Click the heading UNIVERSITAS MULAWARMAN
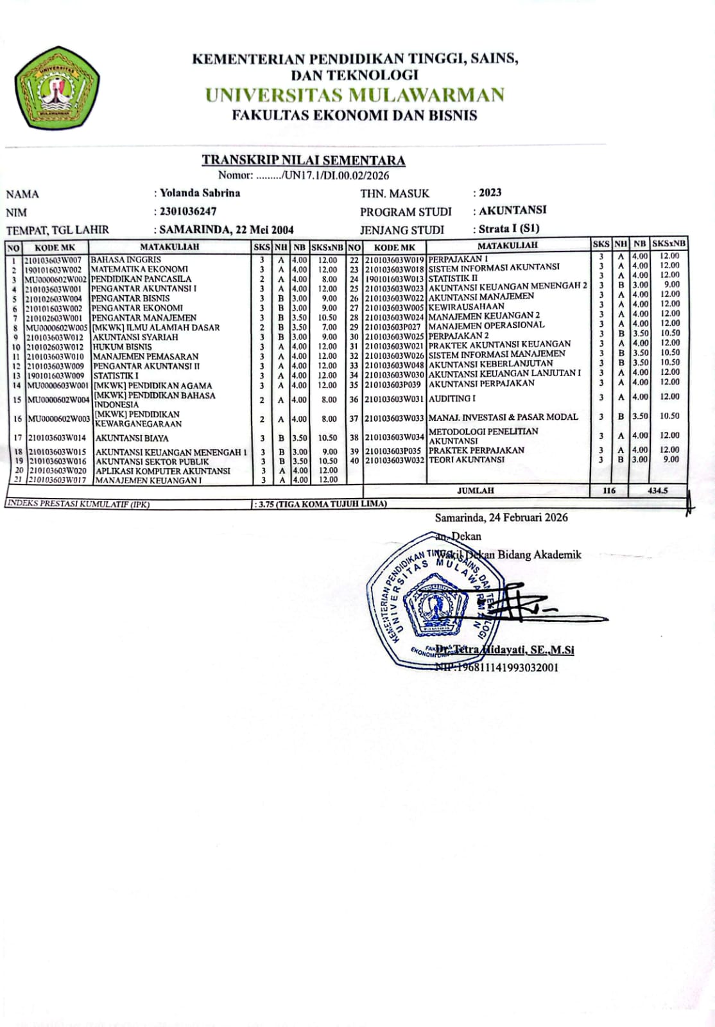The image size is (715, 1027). coord(355,96)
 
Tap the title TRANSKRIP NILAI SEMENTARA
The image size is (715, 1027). coord(304,160)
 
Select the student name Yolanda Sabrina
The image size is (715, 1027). coord(200,193)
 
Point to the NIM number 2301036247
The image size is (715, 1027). coord(188,211)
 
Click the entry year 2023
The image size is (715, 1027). coord(490,193)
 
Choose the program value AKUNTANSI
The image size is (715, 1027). coord(513,210)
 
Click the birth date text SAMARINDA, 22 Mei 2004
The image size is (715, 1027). coord(227,230)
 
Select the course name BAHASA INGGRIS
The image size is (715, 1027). coord(126,259)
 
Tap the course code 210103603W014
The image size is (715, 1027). coord(58,438)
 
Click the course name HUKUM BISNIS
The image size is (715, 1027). coord(123,347)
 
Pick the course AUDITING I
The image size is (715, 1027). coord(452,399)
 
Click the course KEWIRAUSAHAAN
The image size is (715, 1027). coord(467,306)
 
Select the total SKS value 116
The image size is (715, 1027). coord(609,490)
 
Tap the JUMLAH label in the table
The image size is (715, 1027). coord(476,490)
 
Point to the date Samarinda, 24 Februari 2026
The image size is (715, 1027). coord(501,517)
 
